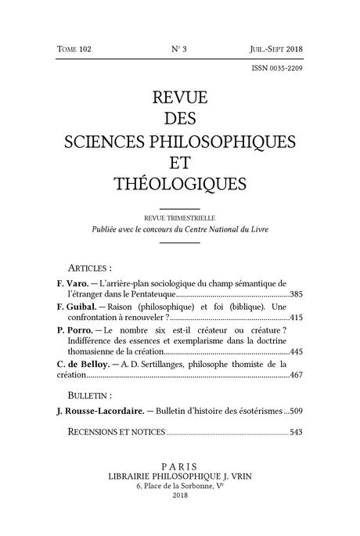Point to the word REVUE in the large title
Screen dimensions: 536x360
pyautogui.click(x=179, y=99)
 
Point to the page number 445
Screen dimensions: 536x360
pyautogui.click(x=296, y=353)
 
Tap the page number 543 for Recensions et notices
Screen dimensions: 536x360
pyautogui.click(x=296, y=432)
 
